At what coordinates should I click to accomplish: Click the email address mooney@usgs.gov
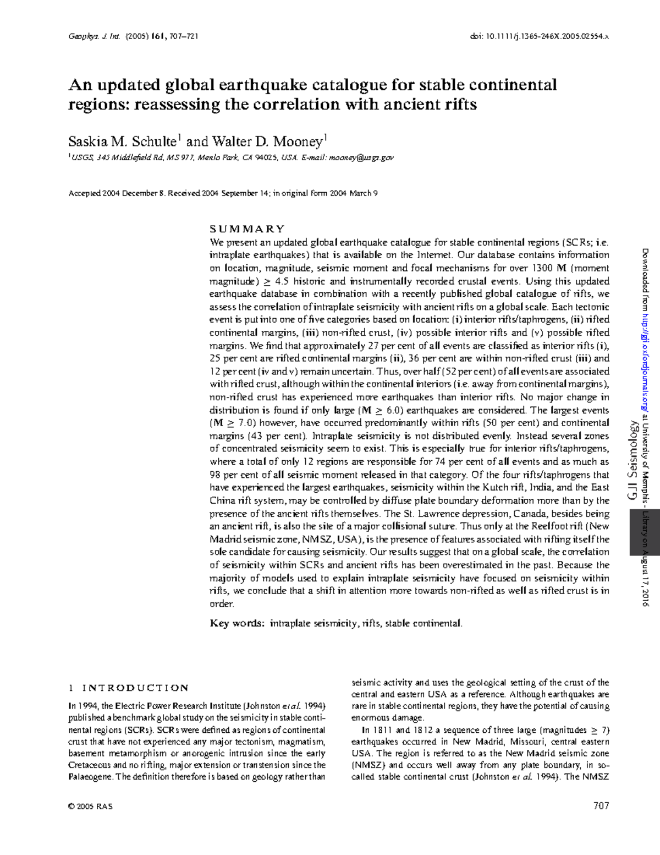tap(361, 158)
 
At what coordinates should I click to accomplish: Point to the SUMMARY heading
tap(247, 229)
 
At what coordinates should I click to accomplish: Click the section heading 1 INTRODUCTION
tap(128, 688)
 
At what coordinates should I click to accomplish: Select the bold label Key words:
tap(237, 624)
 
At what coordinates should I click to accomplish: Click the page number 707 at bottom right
tap(601, 806)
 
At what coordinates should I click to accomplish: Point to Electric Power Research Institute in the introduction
tap(178, 706)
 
